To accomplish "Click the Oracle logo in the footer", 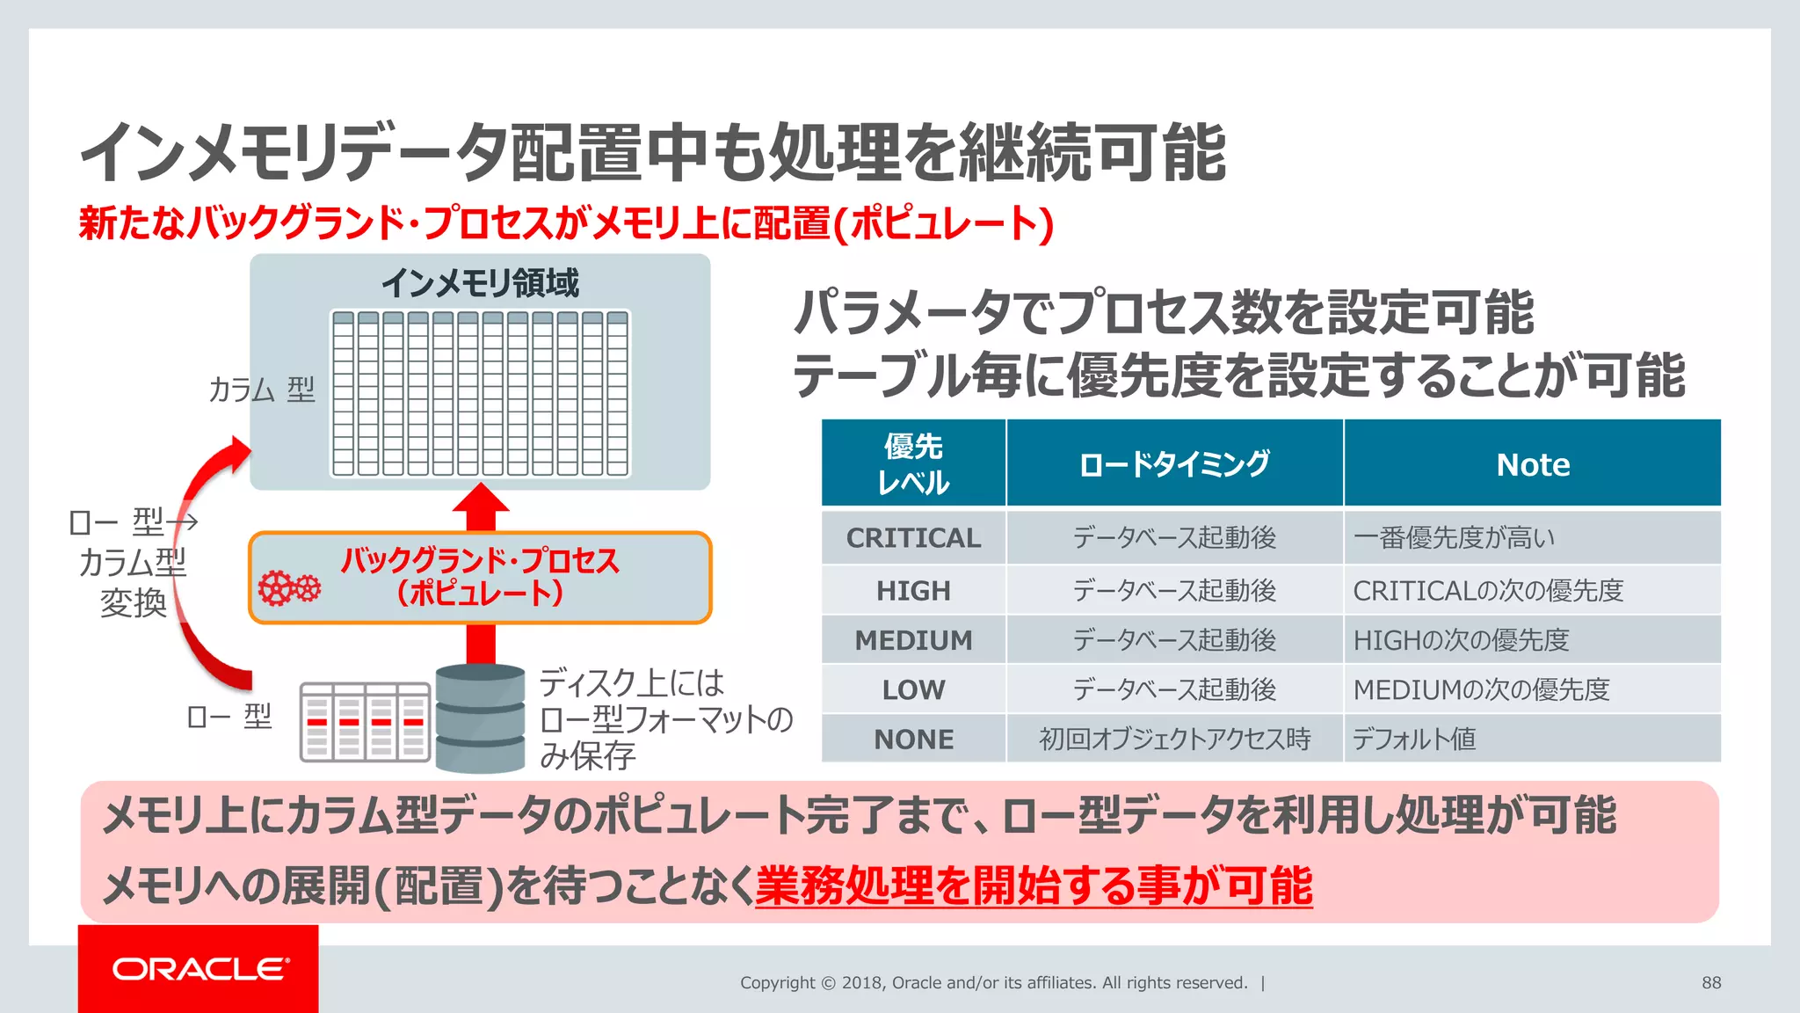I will tap(200, 969).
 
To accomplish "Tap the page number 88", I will tap(1710, 982).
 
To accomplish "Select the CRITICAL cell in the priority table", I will tap(913, 537).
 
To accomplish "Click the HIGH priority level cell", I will tap(913, 590).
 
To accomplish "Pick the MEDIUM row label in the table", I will tap(913, 640).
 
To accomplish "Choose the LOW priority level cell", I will tap(913, 689).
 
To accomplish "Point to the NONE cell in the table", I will tap(913, 739).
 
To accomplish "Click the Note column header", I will tap(1532, 464).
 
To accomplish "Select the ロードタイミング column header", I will tap(1174, 464).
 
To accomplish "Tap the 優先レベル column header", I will tap(913, 464).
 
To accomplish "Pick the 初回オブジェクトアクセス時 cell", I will tap(1174, 739).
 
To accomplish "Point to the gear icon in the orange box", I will tap(288, 587).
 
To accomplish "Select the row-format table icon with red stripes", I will tap(365, 722).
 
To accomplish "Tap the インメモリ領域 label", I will tap(480, 283).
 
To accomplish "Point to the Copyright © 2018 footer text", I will tap(993, 982).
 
